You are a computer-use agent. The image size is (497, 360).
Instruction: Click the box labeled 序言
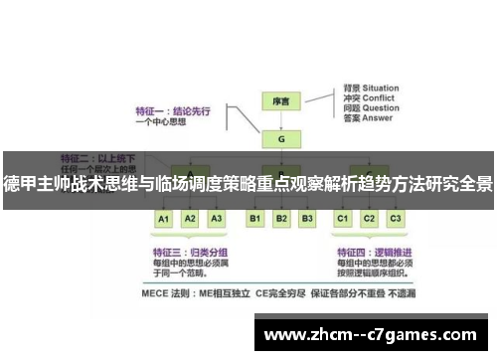click(x=281, y=101)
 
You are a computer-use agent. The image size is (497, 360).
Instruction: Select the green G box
click(x=281, y=140)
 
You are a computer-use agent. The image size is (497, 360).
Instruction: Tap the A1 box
click(x=165, y=218)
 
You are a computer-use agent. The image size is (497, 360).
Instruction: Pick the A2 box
click(x=191, y=218)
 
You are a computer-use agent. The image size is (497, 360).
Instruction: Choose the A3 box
click(x=217, y=218)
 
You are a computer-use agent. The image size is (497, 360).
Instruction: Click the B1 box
click(x=255, y=218)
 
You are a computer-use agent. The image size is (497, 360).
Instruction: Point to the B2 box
click(x=281, y=218)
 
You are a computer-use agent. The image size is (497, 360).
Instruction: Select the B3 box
click(x=307, y=218)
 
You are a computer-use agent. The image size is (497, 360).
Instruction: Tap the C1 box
click(x=343, y=218)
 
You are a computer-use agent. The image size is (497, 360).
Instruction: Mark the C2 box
click(x=369, y=218)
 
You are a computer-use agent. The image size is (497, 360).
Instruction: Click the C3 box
click(x=395, y=218)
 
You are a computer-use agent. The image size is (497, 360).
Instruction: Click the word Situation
click(x=383, y=88)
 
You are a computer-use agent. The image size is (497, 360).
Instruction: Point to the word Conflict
click(x=380, y=98)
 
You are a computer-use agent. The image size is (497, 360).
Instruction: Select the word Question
click(x=382, y=109)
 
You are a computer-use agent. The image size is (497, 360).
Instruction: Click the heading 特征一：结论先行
click(x=170, y=112)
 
